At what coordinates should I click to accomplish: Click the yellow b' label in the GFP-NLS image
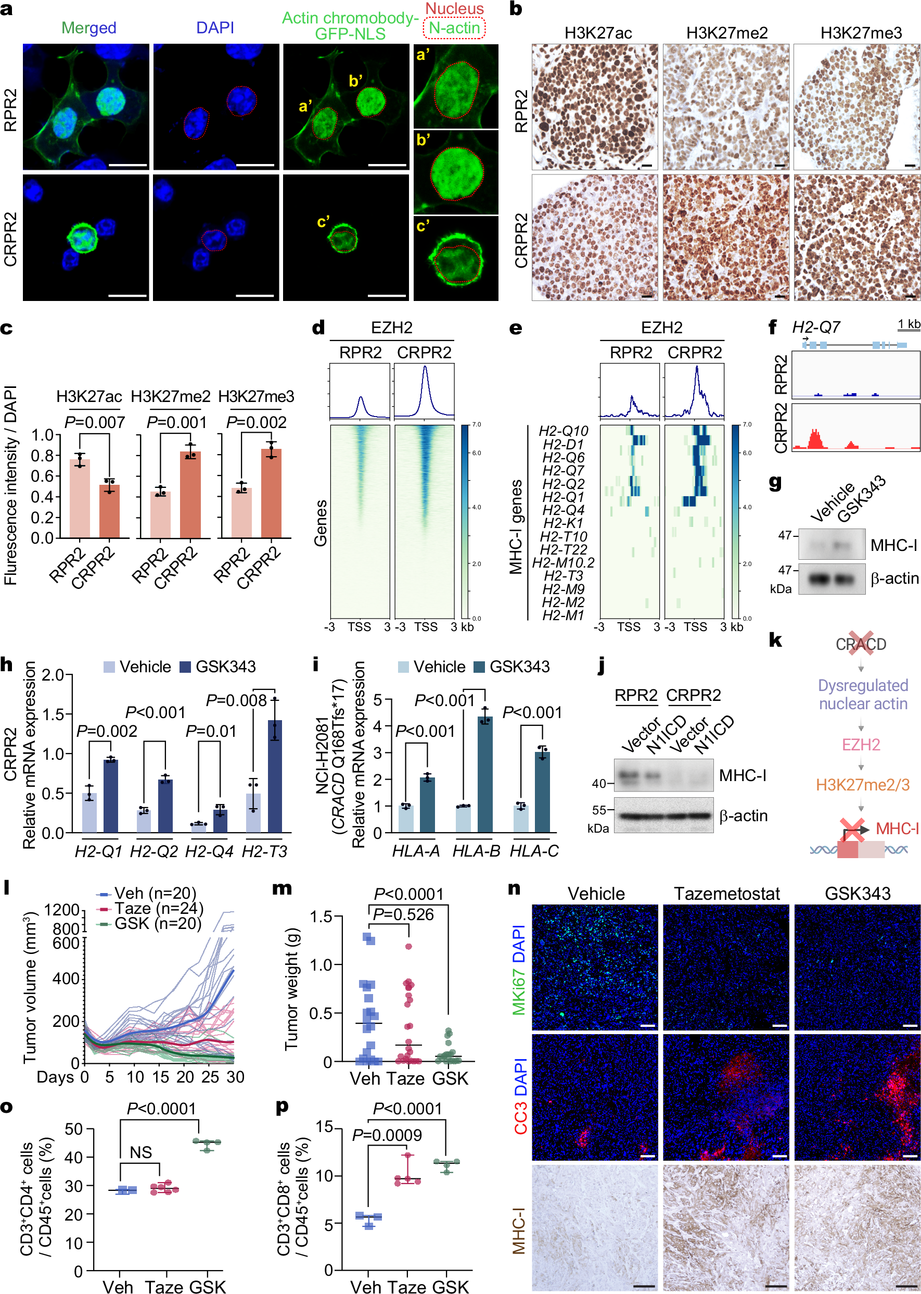point(355,81)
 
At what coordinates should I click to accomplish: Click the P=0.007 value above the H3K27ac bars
point(94,422)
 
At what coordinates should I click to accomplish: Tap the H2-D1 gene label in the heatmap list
point(562,444)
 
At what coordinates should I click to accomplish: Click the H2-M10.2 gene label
point(562,562)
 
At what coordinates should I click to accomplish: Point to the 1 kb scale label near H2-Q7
point(909,324)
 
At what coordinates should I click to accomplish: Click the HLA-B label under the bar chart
point(476,851)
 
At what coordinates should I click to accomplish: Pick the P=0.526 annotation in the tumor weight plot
point(403,914)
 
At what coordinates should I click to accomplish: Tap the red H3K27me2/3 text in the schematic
point(862,784)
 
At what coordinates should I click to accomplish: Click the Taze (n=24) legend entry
point(150,908)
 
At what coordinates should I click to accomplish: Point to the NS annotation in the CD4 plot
point(140,1152)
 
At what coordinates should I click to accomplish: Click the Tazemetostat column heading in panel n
point(726,894)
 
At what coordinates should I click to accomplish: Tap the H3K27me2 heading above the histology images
point(726,33)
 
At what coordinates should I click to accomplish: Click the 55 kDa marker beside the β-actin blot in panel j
point(599,810)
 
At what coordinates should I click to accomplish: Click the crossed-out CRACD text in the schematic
point(860,644)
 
